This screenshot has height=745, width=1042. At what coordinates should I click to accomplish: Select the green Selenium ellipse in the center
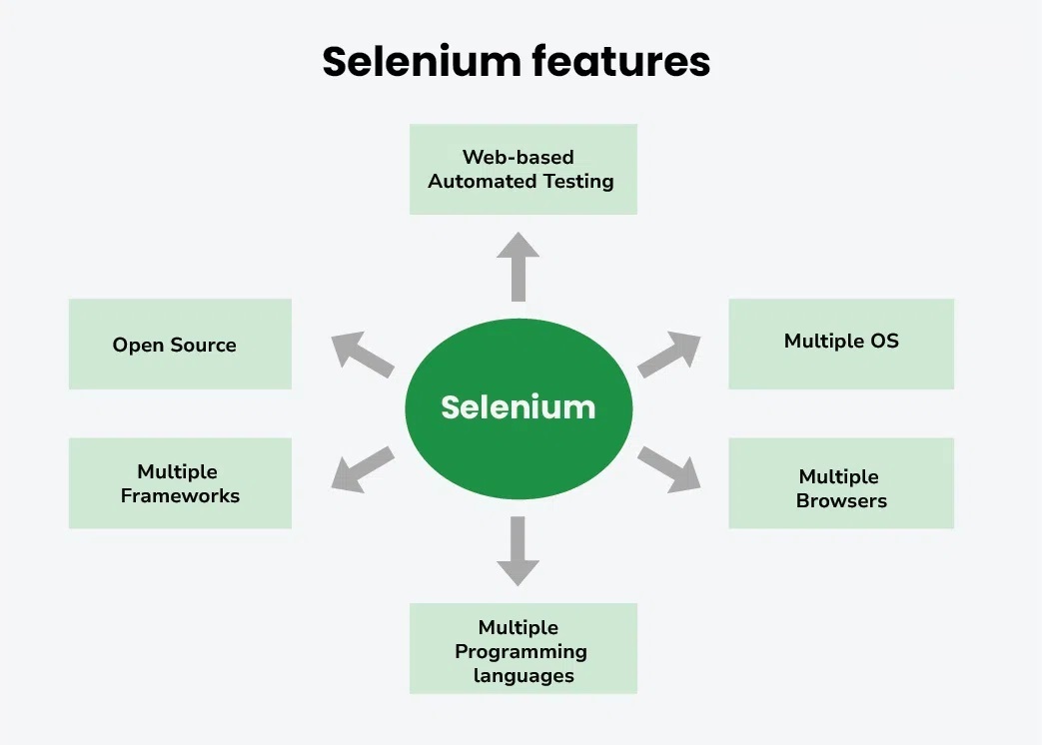(518, 407)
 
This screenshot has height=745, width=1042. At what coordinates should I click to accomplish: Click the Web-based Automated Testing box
(522, 169)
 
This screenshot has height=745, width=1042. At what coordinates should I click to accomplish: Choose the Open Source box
(180, 345)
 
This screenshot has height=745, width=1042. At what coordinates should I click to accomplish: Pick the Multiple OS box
(841, 343)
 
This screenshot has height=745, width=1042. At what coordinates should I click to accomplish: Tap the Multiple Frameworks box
(180, 483)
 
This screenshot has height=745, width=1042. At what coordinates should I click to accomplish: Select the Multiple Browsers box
(841, 488)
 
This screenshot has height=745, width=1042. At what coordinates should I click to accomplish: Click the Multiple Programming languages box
(522, 649)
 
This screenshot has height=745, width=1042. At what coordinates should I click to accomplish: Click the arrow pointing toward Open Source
(361, 354)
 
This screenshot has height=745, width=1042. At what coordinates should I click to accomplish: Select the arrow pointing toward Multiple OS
(669, 354)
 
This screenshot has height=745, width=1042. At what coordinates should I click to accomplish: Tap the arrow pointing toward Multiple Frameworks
(361, 467)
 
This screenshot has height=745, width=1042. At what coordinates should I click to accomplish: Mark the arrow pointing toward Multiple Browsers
(669, 468)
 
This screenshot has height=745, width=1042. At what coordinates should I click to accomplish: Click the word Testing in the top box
(578, 182)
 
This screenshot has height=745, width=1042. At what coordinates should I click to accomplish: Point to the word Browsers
(841, 501)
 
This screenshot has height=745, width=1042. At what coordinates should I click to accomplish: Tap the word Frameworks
(180, 496)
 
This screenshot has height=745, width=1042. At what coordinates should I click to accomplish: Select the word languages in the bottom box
(523, 676)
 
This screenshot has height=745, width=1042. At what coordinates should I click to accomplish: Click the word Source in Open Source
(204, 346)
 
